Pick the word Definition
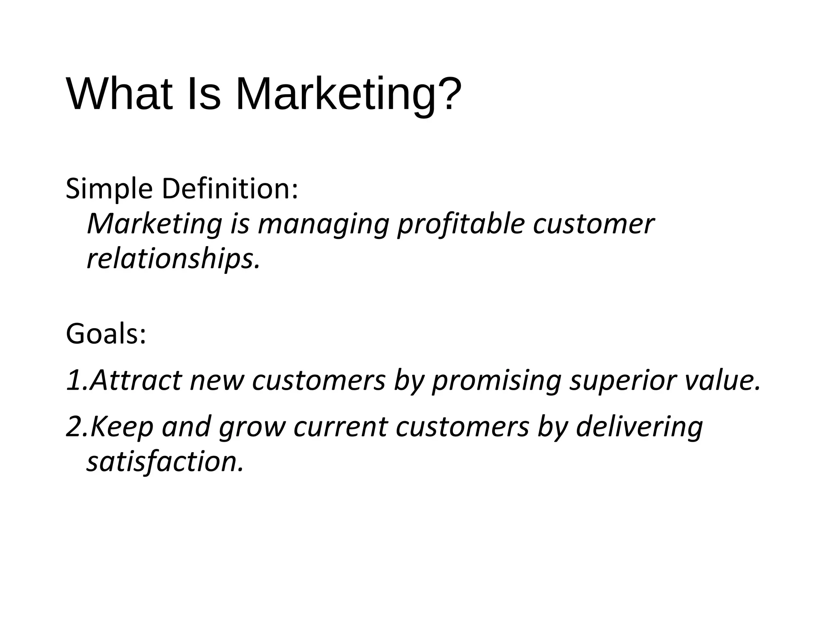pos(229,189)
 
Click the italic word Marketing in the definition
pos(155,224)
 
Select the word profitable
pos(461,225)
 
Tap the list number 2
pos(75,427)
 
